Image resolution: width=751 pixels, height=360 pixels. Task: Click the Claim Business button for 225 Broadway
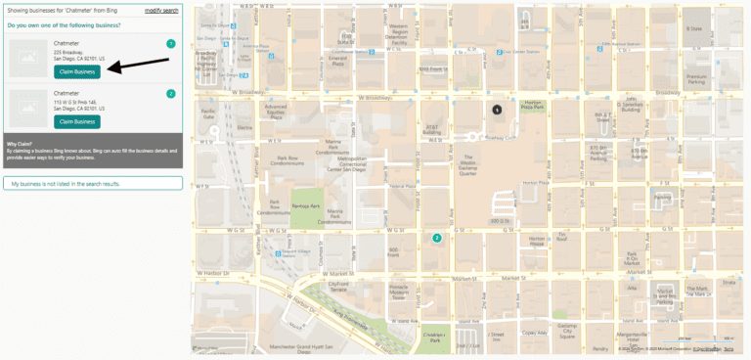point(77,71)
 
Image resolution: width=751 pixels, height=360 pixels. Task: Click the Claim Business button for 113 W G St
point(77,121)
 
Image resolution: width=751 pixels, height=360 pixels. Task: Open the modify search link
point(161,10)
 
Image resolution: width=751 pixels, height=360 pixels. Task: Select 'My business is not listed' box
point(92,183)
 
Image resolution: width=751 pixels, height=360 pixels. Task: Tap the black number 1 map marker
point(497,111)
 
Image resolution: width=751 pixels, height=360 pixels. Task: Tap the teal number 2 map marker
point(437,238)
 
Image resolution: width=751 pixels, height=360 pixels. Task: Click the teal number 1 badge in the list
point(171,44)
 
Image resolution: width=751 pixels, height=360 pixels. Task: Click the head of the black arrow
point(110,68)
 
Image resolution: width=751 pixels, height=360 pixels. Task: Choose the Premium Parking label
point(695,77)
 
